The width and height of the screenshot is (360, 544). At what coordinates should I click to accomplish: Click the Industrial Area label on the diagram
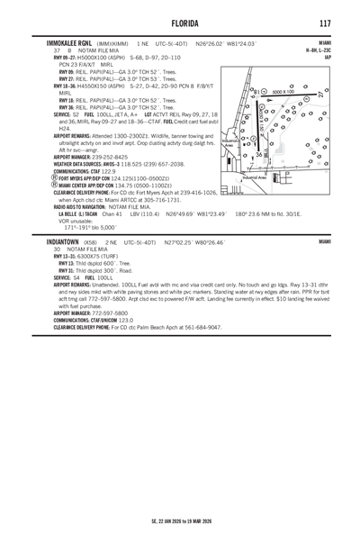[x=261, y=178]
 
